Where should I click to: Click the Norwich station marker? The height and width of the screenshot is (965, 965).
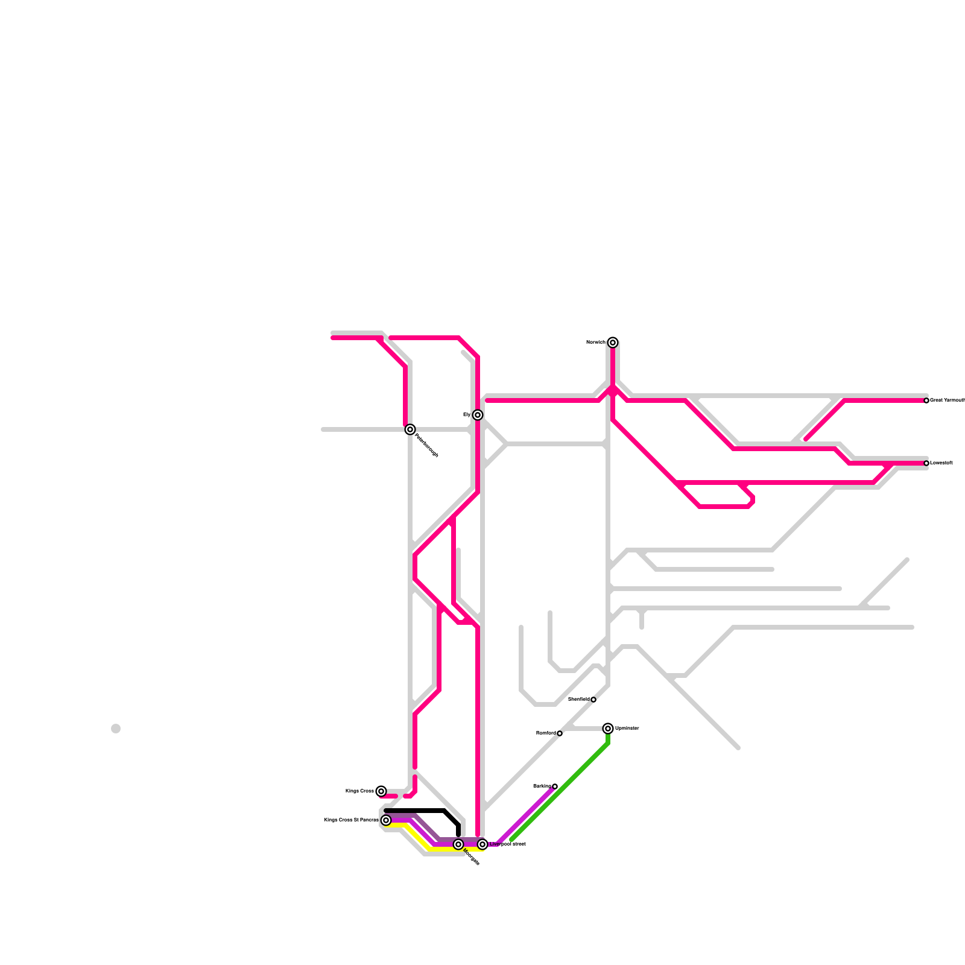coord(613,343)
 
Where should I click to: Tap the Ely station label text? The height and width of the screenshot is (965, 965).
coord(467,415)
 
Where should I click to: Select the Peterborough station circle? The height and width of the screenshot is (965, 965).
coord(410,429)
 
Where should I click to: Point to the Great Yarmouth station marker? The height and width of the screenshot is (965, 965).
coord(926,400)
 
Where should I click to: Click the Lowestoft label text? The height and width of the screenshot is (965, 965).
coord(941,463)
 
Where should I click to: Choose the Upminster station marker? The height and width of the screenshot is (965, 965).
coord(608,729)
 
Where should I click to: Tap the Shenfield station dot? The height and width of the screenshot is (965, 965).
coord(593,700)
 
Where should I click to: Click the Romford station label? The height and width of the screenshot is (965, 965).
coord(546,733)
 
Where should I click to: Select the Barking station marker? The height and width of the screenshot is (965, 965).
coord(555,786)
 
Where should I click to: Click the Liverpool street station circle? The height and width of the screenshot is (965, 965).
coord(482,844)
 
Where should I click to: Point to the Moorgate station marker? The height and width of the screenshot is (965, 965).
coord(458,844)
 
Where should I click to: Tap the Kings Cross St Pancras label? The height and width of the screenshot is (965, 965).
coord(351,820)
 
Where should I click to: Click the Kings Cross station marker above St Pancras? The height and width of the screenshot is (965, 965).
coord(381,791)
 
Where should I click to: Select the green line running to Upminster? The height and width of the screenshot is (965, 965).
coord(561,790)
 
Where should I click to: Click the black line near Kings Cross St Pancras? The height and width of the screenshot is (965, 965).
coord(422,811)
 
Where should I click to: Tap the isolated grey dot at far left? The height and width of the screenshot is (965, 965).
coord(116,729)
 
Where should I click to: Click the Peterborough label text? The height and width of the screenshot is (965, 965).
coord(426,445)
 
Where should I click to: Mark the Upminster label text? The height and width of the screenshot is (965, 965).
coord(627,729)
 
